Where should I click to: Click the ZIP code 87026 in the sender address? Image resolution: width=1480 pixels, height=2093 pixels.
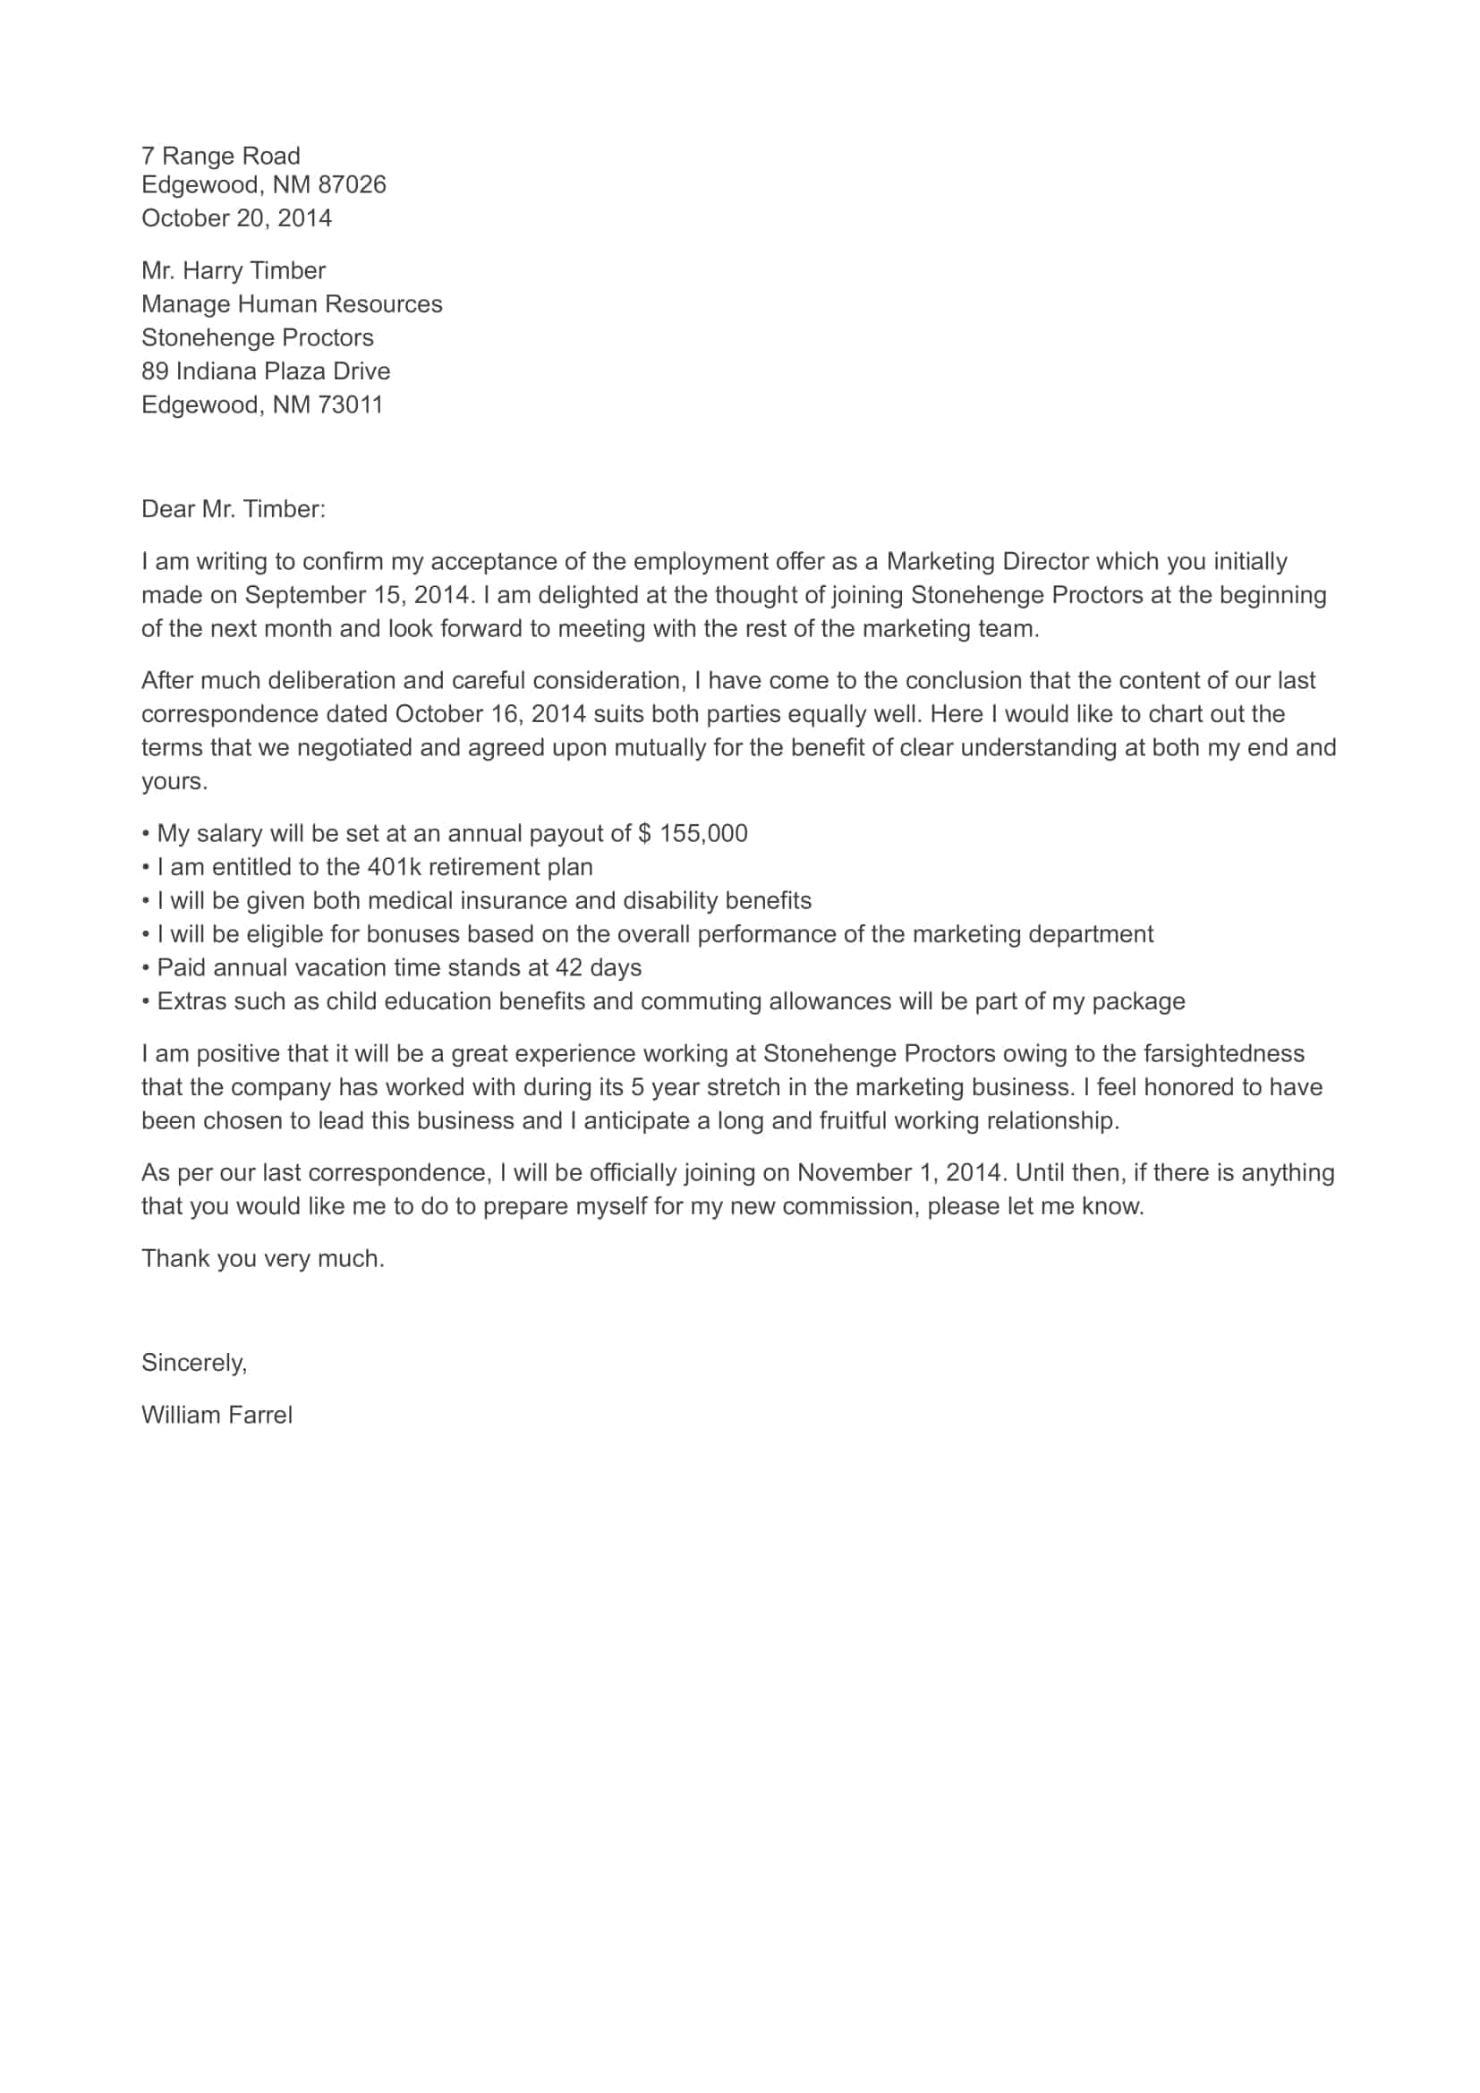pos(352,185)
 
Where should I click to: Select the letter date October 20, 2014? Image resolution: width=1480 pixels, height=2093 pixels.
pos(236,218)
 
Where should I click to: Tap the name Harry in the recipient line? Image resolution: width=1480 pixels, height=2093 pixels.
pos(212,271)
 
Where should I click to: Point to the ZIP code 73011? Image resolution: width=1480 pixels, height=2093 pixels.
pos(350,404)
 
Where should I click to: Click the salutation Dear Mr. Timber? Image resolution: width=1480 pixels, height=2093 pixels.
pos(234,509)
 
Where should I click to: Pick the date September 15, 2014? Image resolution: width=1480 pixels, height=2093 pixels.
pos(359,595)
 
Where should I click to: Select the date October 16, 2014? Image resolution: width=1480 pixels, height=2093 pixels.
pos(489,715)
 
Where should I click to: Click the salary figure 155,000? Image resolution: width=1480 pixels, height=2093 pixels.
pos(702,834)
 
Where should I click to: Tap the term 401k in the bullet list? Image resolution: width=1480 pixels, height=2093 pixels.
pos(394,868)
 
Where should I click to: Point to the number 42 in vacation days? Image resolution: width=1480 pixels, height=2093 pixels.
pos(569,968)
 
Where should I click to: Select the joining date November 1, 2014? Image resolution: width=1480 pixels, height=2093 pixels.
pos(898,1173)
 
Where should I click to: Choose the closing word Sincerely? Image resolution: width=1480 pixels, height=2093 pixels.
pos(194,1363)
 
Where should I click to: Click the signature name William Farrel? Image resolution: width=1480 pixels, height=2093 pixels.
pos(217,1416)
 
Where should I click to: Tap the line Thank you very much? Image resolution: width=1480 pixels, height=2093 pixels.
pos(262,1259)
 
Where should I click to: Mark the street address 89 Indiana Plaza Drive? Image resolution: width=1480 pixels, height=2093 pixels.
pos(265,371)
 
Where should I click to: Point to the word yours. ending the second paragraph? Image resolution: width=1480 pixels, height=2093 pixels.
pos(174,782)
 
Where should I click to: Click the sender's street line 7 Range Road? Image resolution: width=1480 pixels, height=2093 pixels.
pos(220,156)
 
